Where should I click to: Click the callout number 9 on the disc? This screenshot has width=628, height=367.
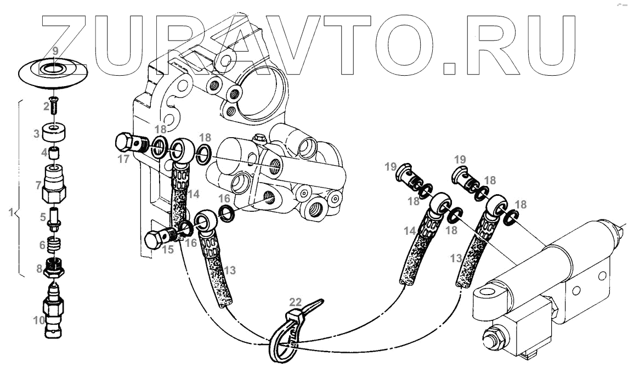54,51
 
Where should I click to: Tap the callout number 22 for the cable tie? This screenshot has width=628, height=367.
296,302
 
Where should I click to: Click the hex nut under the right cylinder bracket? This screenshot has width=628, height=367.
491,335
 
